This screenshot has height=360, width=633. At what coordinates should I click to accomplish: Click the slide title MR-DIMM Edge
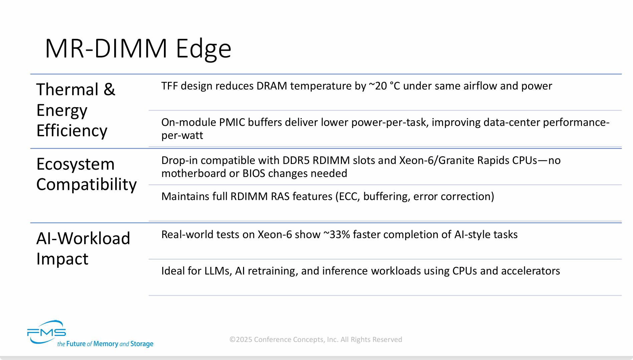pos(138,49)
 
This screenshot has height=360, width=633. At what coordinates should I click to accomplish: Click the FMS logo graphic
pos(47,332)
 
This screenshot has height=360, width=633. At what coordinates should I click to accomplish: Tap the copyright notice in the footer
pos(315,340)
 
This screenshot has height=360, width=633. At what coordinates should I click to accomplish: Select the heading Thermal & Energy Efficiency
pos(76,110)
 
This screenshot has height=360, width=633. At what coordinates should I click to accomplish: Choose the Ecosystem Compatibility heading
pos(86,174)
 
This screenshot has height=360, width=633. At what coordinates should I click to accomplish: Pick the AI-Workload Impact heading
pos(83,249)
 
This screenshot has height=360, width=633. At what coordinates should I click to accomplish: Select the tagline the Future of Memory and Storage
pos(105,344)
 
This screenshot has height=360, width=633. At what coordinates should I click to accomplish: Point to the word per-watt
pos(182,136)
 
